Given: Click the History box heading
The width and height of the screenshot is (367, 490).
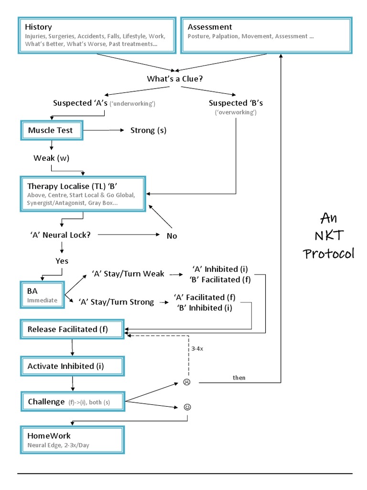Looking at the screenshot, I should (x=39, y=27).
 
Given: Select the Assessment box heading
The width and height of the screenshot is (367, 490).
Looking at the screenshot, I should (x=210, y=27).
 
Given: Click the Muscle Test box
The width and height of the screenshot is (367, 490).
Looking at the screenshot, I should (x=51, y=130).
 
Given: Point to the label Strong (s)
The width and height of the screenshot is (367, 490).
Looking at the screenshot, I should (x=148, y=130).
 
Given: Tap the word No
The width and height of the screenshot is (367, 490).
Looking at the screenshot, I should (x=172, y=235).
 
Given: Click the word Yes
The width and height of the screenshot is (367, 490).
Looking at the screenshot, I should (x=62, y=261).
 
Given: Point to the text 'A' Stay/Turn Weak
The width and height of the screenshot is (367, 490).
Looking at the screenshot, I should (x=128, y=274).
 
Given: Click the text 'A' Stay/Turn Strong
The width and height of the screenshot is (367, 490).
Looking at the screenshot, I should (x=123, y=302).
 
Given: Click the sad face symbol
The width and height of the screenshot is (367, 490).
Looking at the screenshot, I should (x=187, y=382).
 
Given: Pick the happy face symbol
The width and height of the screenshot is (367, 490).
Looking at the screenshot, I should (x=187, y=407).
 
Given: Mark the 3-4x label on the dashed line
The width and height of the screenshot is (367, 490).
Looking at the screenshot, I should (x=197, y=349).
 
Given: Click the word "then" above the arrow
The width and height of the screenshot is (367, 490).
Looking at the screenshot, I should (x=239, y=378).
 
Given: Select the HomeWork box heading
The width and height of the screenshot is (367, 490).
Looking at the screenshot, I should (x=49, y=436).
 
